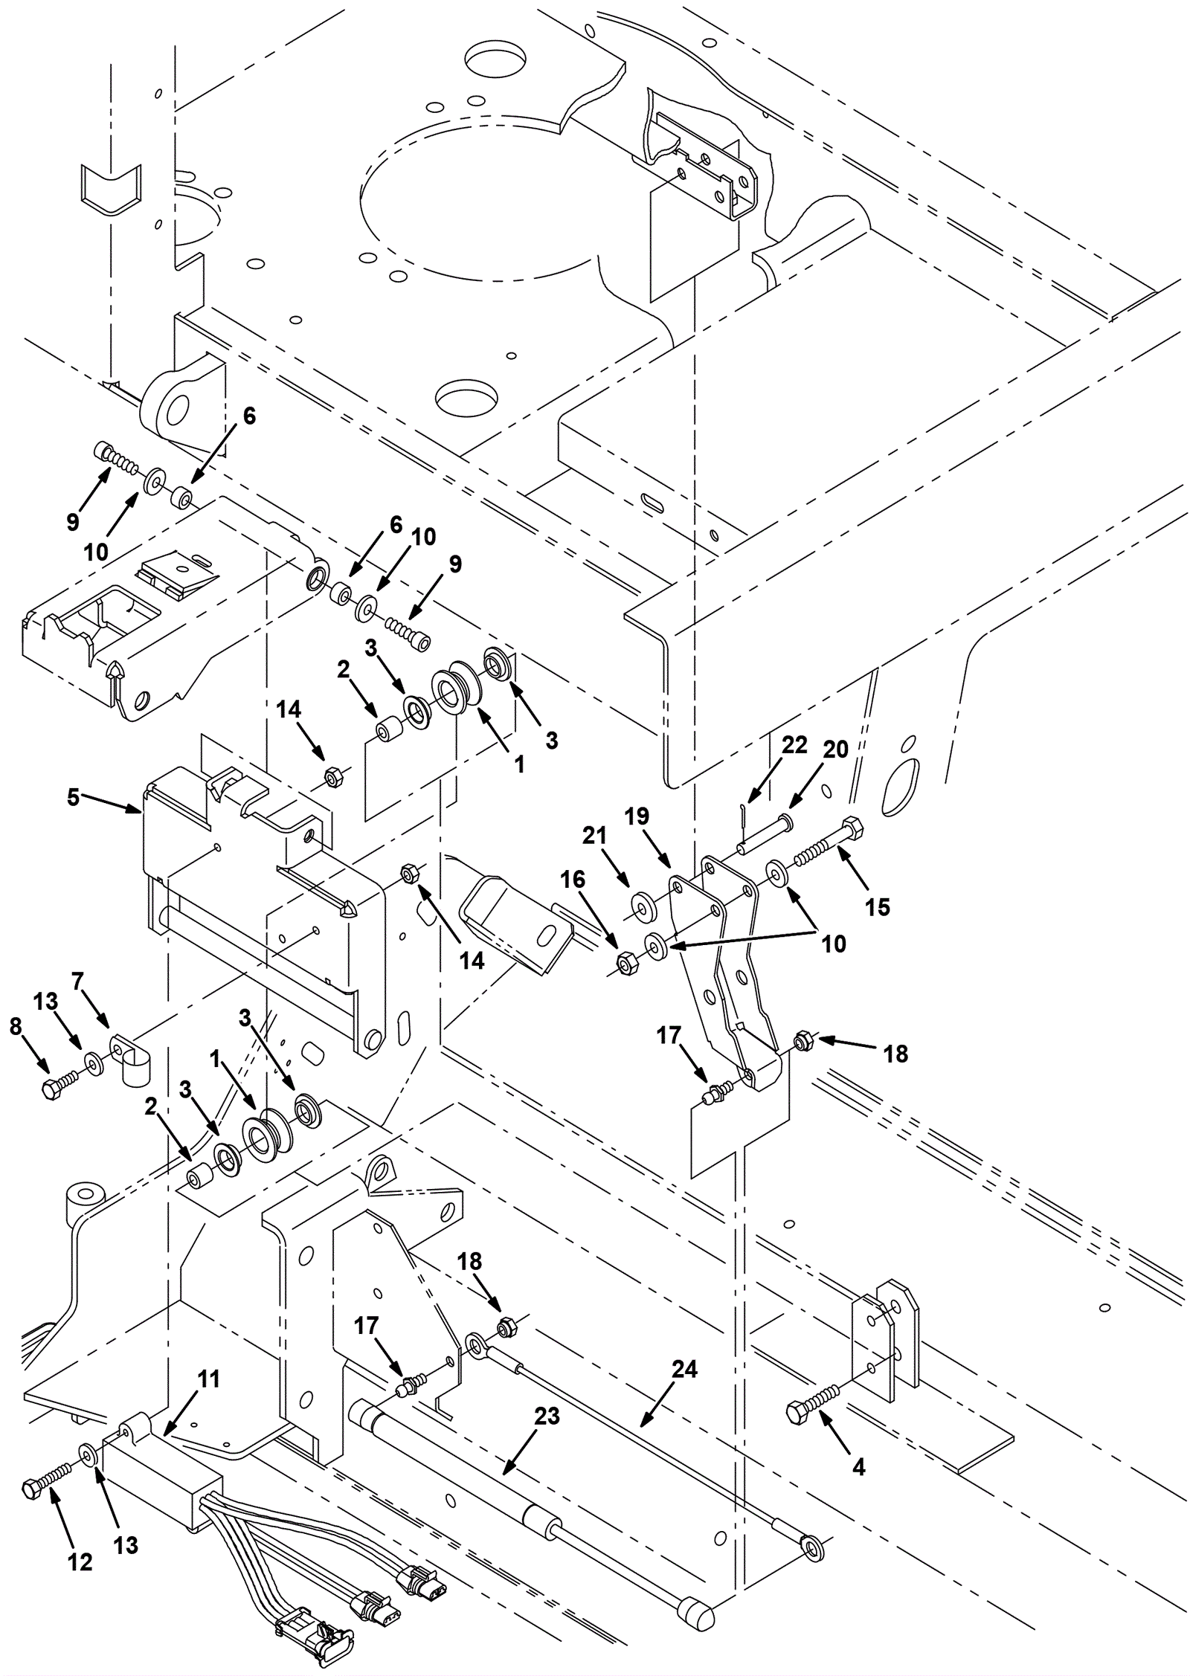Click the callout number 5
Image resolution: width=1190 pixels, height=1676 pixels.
pyautogui.click(x=73, y=797)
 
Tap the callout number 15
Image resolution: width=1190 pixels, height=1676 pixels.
pyautogui.click(x=878, y=906)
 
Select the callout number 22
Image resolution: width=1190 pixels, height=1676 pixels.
pyautogui.click(x=794, y=745)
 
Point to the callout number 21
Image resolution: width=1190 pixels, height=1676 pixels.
pyautogui.click(x=594, y=836)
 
